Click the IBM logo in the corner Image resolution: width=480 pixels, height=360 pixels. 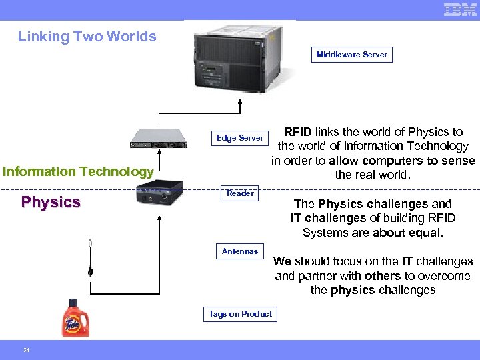click(x=460, y=9)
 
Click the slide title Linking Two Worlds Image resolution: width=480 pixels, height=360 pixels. click(x=87, y=37)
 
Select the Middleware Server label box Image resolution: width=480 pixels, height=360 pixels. click(x=352, y=55)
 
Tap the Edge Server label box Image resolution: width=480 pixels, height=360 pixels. click(x=240, y=138)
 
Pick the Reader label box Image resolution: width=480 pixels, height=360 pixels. click(x=240, y=193)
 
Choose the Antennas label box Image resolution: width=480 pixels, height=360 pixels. click(x=240, y=251)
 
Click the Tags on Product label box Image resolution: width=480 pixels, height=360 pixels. click(x=240, y=314)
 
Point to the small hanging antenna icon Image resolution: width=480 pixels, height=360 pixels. click(x=90, y=259)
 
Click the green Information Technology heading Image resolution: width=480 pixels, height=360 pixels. click(x=78, y=171)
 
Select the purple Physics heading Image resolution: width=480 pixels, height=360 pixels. click(x=51, y=202)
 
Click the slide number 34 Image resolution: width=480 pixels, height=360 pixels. click(x=26, y=350)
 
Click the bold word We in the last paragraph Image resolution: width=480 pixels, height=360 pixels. click(x=282, y=261)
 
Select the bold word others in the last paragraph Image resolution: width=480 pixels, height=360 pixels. click(x=383, y=276)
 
